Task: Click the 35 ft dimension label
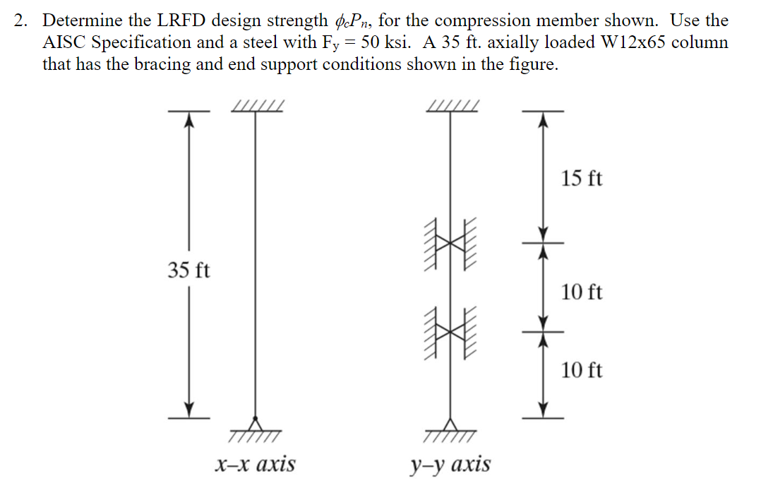tap(188, 270)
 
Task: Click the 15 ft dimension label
tap(582, 179)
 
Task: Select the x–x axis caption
tap(255, 464)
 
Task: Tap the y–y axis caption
tap(450, 464)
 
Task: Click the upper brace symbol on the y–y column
tap(450, 243)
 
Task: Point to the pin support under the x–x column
tap(256, 425)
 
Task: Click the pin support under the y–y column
tap(451, 425)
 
